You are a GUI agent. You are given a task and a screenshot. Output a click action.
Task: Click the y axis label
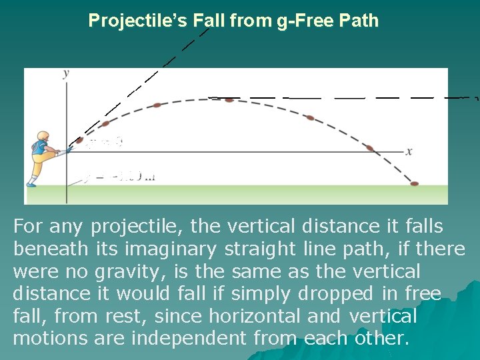pos(65,74)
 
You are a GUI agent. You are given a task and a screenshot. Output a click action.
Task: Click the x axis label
pos(409,151)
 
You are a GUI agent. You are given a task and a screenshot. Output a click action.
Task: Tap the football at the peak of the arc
pos(229,100)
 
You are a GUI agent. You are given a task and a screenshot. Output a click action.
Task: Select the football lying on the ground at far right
pos(414,183)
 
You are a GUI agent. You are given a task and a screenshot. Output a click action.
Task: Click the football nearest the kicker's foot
pos(80,140)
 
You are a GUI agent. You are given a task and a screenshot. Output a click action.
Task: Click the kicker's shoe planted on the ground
pos(31,183)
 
